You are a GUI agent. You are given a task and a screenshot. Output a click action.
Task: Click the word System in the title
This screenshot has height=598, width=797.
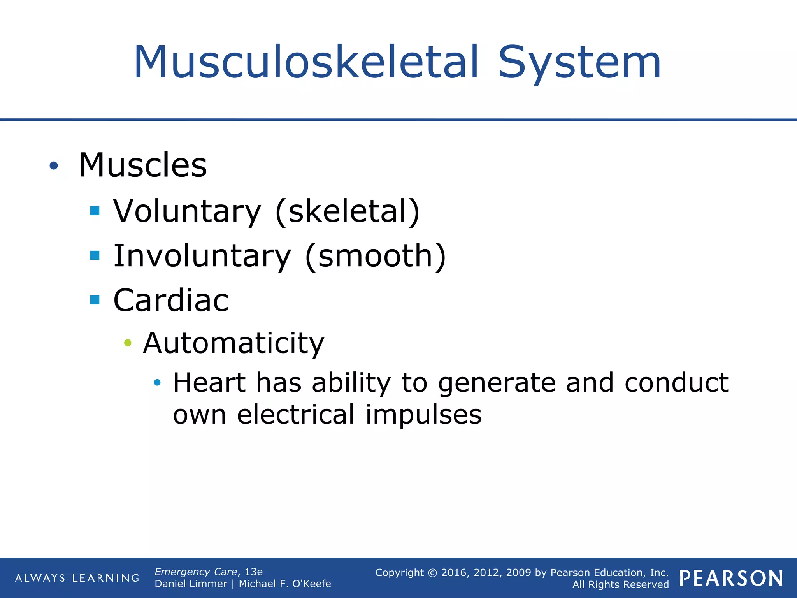[x=579, y=62]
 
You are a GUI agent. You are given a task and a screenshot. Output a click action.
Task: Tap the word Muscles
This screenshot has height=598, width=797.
[x=142, y=165]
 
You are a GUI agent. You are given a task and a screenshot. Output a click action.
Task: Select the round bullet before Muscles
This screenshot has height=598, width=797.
[x=54, y=166]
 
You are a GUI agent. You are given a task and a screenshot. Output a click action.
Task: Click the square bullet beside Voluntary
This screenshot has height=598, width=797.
[x=95, y=211]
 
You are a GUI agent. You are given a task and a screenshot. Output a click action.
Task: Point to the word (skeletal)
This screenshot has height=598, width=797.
[x=348, y=211]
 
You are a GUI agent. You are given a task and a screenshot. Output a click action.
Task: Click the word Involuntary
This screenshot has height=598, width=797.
[x=202, y=256]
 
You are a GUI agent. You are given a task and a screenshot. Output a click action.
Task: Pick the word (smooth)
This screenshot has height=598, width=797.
[x=376, y=256]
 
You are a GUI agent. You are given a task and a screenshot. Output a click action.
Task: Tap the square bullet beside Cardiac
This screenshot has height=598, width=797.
[x=95, y=300]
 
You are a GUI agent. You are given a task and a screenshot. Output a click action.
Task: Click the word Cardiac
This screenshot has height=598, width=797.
[x=171, y=300]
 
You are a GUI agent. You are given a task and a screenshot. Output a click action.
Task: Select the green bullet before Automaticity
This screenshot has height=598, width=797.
[x=128, y=343]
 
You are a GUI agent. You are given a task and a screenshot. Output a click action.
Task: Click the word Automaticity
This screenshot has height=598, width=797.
[x=233, y=343]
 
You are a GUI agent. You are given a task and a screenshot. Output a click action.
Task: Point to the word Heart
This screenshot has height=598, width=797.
[x=209, y=382]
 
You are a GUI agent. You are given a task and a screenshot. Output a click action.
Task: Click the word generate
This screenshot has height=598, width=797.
[x=497, y=383]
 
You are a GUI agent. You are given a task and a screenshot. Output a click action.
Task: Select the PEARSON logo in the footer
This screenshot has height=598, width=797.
[x=731, y=578]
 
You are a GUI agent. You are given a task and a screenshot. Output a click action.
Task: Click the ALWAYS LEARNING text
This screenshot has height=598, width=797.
[x=77, y=578]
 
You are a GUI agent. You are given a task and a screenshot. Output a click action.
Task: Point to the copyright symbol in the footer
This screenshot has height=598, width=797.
[x=432, y=573]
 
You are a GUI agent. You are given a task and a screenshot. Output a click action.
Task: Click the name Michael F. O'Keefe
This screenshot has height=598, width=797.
[x=285, y=584]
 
